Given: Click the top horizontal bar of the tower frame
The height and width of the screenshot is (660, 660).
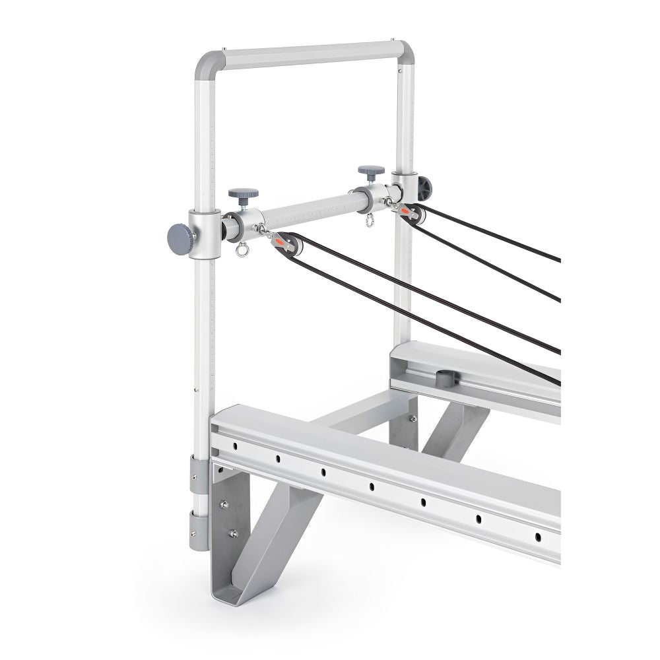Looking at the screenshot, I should [310, 54].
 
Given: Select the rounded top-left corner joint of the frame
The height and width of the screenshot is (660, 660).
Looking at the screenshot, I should [205, 63].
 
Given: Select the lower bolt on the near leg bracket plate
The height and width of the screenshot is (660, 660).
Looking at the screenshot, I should [232, 533].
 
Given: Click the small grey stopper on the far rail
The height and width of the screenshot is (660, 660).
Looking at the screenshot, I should [445, 378].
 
